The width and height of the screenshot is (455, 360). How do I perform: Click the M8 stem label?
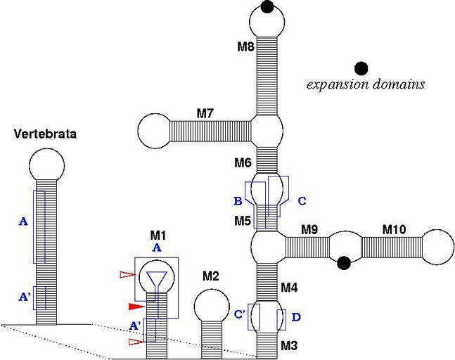[245, 47]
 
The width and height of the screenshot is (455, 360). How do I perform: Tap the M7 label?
[205, 112]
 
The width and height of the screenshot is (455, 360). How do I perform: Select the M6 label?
[243, 163]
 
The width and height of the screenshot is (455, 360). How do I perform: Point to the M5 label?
[243, 221]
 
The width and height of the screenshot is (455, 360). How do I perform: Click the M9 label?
[309, 229]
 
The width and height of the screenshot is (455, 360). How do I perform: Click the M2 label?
[211, 276]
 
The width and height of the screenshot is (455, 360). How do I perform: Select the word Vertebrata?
[45, 134]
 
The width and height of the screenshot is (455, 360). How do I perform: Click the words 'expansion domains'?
[366, 85]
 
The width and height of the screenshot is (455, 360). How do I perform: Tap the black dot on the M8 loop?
[267, 8]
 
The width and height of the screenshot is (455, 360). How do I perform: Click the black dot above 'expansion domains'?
[361, 68]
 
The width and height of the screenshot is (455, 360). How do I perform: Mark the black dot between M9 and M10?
[344, 263]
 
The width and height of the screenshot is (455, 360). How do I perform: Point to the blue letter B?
[237, 200]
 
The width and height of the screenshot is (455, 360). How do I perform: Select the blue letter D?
[295, 318]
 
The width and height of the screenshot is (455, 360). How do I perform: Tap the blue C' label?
[239, 314]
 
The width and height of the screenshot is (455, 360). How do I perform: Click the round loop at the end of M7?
[154, 131]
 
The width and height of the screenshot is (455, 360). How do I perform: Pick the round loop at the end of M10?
[436, 247]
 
